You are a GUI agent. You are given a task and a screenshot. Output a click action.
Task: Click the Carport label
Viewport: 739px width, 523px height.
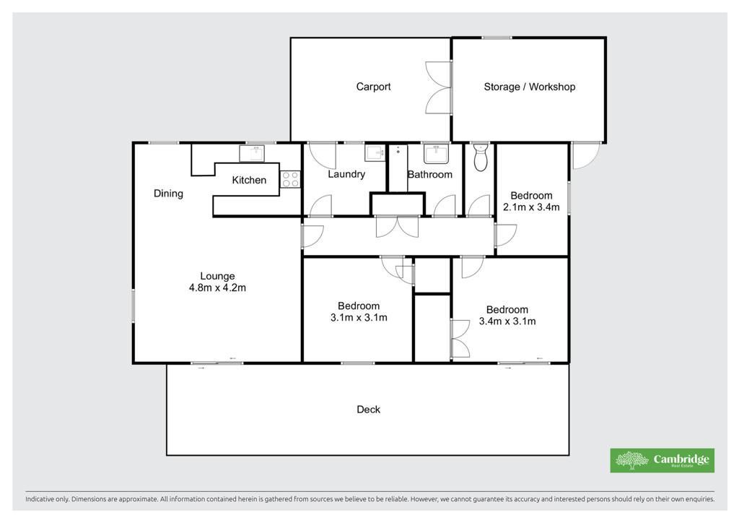point(373,87)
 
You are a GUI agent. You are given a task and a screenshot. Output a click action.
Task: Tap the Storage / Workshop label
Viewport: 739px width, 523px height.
point(529,87)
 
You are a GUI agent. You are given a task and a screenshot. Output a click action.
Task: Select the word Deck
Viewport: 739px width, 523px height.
point(368,410)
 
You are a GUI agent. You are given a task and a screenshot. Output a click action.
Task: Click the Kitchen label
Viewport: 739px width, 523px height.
point(249,180)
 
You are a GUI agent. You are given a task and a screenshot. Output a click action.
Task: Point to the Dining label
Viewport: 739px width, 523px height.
point(168,194)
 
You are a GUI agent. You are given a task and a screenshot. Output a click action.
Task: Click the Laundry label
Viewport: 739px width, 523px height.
point(346,175)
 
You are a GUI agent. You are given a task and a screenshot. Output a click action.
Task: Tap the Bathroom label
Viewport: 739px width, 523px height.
point(430,175)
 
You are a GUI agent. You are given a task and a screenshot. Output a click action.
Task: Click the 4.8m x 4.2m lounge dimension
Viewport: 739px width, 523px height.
point(217,288)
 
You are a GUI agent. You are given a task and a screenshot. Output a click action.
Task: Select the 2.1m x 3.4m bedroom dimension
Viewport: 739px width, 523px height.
point(531,207)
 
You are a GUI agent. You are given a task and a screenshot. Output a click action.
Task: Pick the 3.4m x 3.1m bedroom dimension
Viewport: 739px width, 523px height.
point(507,321)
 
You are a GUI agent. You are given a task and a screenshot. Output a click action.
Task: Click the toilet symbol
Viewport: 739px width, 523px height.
point(480,157)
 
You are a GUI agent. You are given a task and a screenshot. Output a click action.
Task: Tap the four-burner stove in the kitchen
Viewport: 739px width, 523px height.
point(290,179)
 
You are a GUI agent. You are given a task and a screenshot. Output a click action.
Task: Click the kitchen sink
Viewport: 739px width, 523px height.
point(252,153)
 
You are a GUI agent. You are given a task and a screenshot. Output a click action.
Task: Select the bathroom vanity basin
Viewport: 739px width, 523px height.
point(436,154)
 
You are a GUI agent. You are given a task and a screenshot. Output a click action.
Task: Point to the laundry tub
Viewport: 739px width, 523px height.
point(375,153)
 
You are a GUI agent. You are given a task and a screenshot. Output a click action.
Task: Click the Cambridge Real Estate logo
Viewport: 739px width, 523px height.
point(663,460)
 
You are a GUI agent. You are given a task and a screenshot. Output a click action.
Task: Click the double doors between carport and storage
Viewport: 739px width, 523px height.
point(438,87)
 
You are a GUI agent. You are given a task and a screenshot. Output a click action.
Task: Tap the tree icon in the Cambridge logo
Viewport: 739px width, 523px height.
point(631,460)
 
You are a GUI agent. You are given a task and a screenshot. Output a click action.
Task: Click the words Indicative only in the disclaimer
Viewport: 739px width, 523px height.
point(47,499)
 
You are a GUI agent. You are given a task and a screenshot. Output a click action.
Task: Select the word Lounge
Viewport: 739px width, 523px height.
point(217,277)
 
